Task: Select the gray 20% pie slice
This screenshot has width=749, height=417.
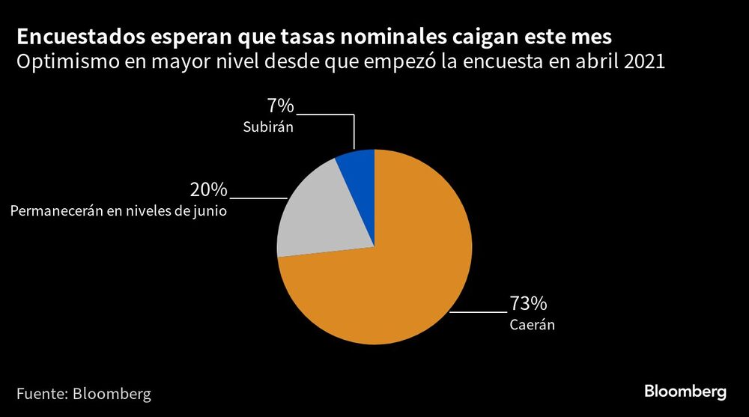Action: pos(318,217)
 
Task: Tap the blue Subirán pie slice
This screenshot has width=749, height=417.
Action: pos(358,168)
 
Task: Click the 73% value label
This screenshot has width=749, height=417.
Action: pos(528,304)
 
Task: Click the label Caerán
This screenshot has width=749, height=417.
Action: pos(532,326)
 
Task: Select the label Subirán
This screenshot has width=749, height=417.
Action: pos(267,128)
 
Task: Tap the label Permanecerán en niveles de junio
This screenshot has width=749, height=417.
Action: pos(118,211)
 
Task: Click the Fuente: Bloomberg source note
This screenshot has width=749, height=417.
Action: pos(84,393)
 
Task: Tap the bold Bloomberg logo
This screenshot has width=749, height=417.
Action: pos(685,392)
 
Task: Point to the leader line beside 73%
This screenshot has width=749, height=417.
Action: pos(479,311)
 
